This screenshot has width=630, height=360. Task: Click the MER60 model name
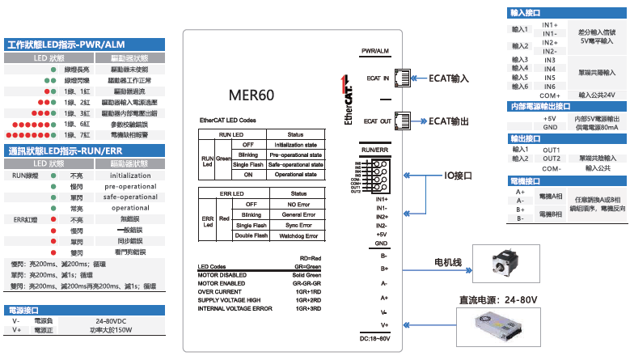[x=252, y=95]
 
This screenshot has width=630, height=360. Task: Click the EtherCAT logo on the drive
[x=349, y=104]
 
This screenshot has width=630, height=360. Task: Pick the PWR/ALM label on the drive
[x=376, y=51]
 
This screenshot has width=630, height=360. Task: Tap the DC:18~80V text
[x=374, y=337]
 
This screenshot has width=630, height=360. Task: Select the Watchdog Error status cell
[x=298, y=235]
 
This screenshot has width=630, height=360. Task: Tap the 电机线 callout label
[x=448, y=239]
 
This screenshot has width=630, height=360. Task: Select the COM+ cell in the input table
[x=550, y=95]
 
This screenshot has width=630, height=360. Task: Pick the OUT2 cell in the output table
[x=552, y=159]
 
